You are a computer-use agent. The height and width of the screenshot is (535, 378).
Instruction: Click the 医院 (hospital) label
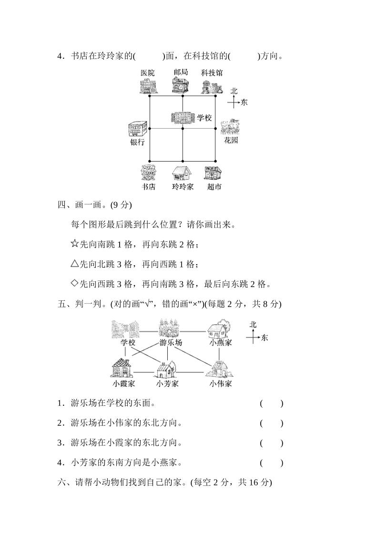(x=148, y=73)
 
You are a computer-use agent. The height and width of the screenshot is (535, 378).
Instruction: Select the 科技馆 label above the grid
(x=211, y=73)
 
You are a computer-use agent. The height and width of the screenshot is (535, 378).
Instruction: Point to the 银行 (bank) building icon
(x=137, y=129)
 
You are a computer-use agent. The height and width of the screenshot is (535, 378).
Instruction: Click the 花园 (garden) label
(x=231, y=141)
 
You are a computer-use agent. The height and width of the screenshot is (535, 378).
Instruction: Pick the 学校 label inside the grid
(x=204, y=118)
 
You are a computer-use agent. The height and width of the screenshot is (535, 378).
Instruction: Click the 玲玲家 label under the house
(x=183, y=187)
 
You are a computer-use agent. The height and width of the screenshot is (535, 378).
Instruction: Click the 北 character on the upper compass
(x=234, y=91)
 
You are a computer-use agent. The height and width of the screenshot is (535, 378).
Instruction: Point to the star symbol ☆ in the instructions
(x=74, y=244)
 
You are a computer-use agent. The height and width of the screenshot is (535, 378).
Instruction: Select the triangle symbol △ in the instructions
(x=74, y=264)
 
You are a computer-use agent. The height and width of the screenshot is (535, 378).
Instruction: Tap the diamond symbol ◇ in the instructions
(x=74, y=284)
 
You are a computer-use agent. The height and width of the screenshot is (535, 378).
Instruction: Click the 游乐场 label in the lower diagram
(x=170, y=342)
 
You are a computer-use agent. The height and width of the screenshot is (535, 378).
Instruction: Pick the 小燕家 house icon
(x=219, y=329)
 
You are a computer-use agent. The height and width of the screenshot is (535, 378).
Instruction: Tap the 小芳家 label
(x=167, y=383)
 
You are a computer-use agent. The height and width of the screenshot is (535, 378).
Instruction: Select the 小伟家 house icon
(x=220, y=369)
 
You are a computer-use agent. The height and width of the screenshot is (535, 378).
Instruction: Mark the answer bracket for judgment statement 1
(x=272, y=403)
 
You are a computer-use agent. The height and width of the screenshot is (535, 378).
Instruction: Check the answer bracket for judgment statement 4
(x=272, y=463)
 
